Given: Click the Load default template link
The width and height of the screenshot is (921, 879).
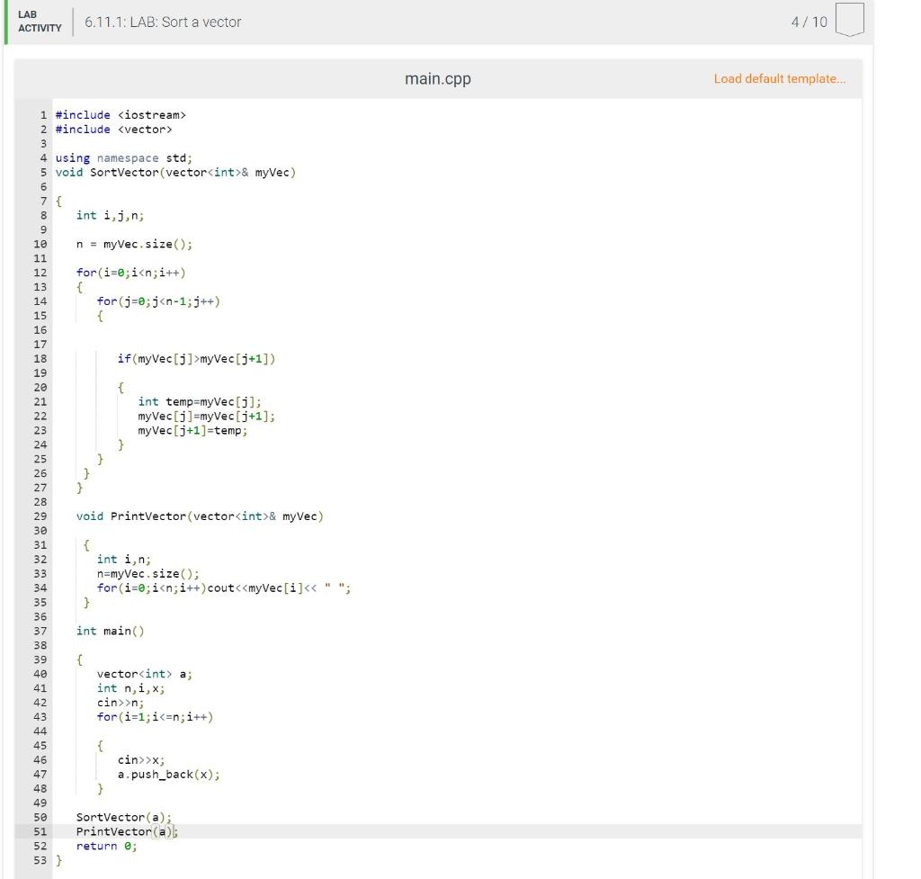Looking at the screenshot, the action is [779, 79].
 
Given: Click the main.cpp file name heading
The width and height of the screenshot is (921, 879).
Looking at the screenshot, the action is [437, 79].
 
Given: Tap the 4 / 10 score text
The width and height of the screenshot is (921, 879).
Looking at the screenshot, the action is [809, 22].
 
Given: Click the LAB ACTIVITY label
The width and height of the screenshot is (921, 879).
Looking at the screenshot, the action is [40, 22].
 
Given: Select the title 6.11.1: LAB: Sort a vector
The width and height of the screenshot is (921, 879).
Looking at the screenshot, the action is [163, 22].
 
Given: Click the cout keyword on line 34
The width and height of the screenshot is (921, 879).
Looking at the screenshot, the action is [221, 588].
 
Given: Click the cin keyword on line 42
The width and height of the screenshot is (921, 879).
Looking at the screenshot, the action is [107, 703].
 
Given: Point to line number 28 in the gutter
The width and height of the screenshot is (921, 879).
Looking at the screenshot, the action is [40, 502].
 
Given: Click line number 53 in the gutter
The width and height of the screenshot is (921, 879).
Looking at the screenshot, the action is [40, 861].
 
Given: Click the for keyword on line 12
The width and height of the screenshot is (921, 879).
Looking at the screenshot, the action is [86, 273].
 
